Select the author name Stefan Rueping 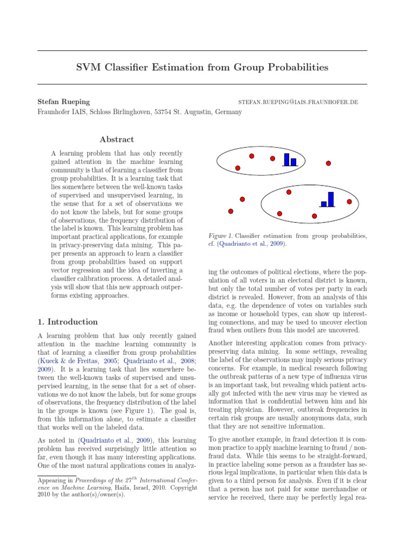pos(64,102)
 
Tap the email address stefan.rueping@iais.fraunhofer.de pos(298,102)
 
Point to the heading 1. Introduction pos(68,321)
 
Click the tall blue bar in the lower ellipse pos(331,199)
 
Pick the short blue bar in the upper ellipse pos(294,162)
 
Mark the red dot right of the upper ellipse pos(328,163)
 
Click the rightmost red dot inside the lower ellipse pos(349,202)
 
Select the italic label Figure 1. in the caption pos(221,236)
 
